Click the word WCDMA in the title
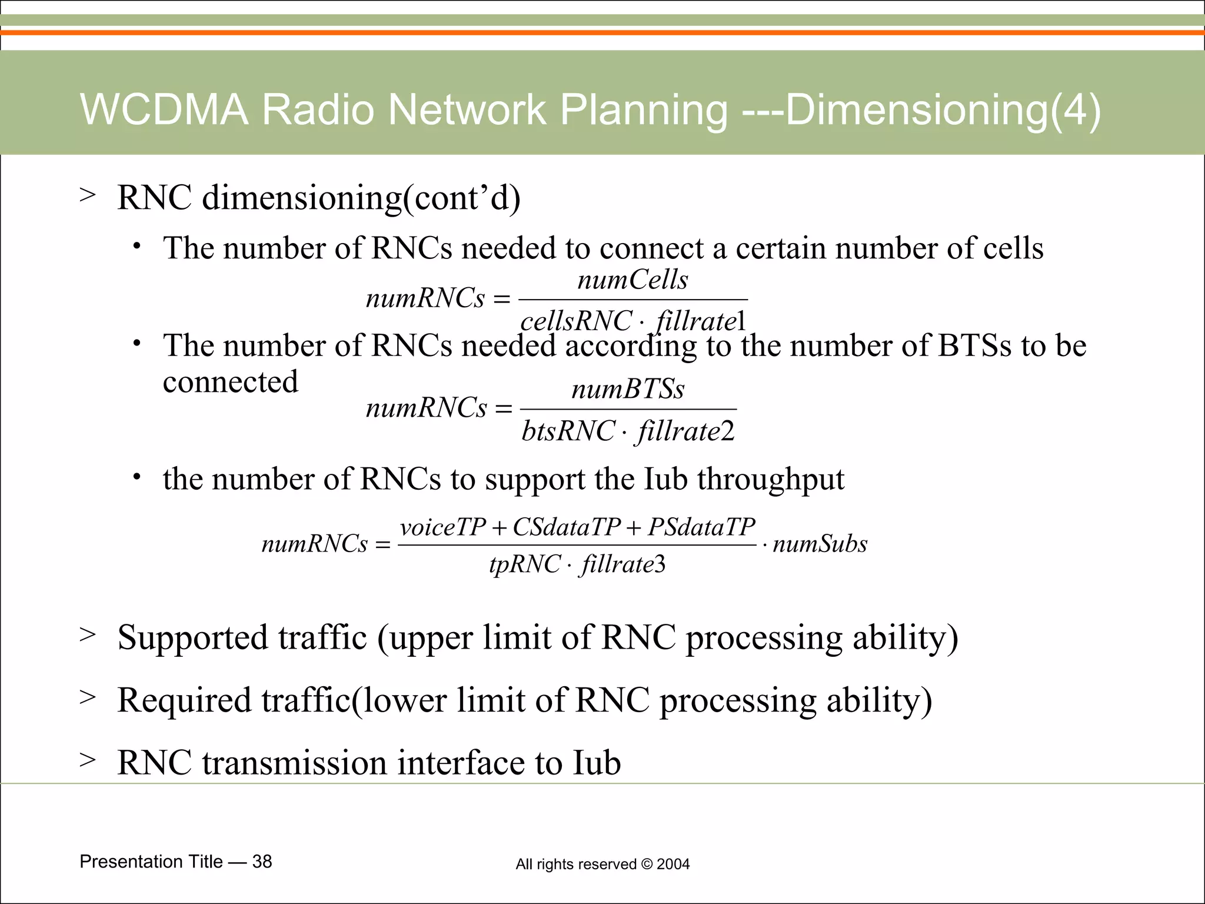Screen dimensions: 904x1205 (164, 110)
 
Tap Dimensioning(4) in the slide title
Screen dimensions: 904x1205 (943, 110)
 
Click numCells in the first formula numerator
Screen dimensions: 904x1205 (633, 280)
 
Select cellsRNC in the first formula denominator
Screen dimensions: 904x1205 (576, 321)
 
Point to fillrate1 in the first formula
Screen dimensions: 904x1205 (700, 321)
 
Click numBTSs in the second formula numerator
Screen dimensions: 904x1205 (628, 389)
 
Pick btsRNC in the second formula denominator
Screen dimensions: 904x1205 (568, 431)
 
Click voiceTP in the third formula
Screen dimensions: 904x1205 (443, 527)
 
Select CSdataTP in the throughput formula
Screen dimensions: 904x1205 (567, 527)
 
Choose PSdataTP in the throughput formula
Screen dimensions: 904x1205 (701, 527)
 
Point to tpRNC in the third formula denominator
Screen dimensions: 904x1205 (525, 564)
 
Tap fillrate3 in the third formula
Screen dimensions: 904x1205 (623, 564)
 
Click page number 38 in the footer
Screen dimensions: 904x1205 (262, 862)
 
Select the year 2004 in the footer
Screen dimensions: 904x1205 (673, 864)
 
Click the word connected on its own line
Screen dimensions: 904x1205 (231, 382)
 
